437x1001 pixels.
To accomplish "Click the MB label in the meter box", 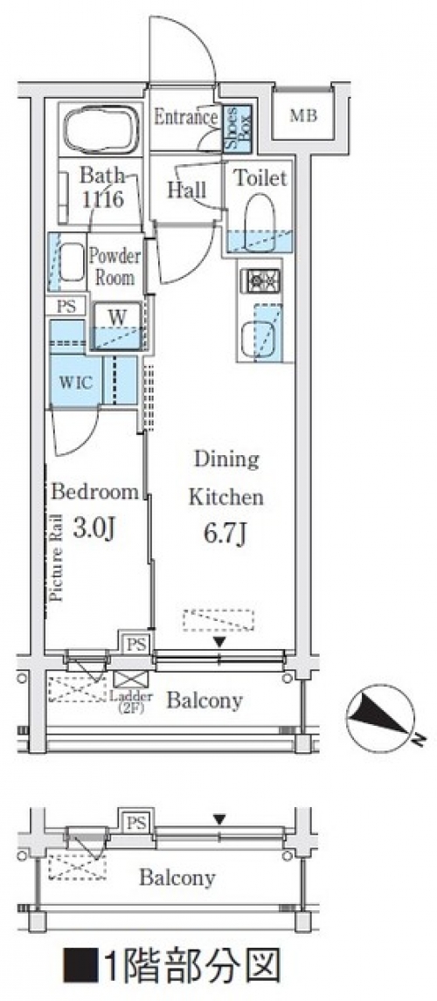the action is point(302,116).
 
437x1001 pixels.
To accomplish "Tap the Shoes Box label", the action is point(234,128).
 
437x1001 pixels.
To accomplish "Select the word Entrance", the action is point(186,117).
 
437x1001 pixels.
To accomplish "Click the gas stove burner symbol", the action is point(261,281).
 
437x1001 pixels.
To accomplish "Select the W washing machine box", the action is point(117,326).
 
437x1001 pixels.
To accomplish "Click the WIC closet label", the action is point(77,383).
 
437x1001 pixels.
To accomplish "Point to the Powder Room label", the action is point(114,267).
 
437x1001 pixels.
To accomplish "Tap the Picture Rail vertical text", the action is point(56,556).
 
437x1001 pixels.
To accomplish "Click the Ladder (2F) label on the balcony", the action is point(131,701).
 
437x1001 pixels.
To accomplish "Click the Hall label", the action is point(186,190).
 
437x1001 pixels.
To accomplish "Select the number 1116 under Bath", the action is point(102,198).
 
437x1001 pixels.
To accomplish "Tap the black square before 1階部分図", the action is point(80,966).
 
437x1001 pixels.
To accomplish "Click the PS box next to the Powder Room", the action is point(66,306).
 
